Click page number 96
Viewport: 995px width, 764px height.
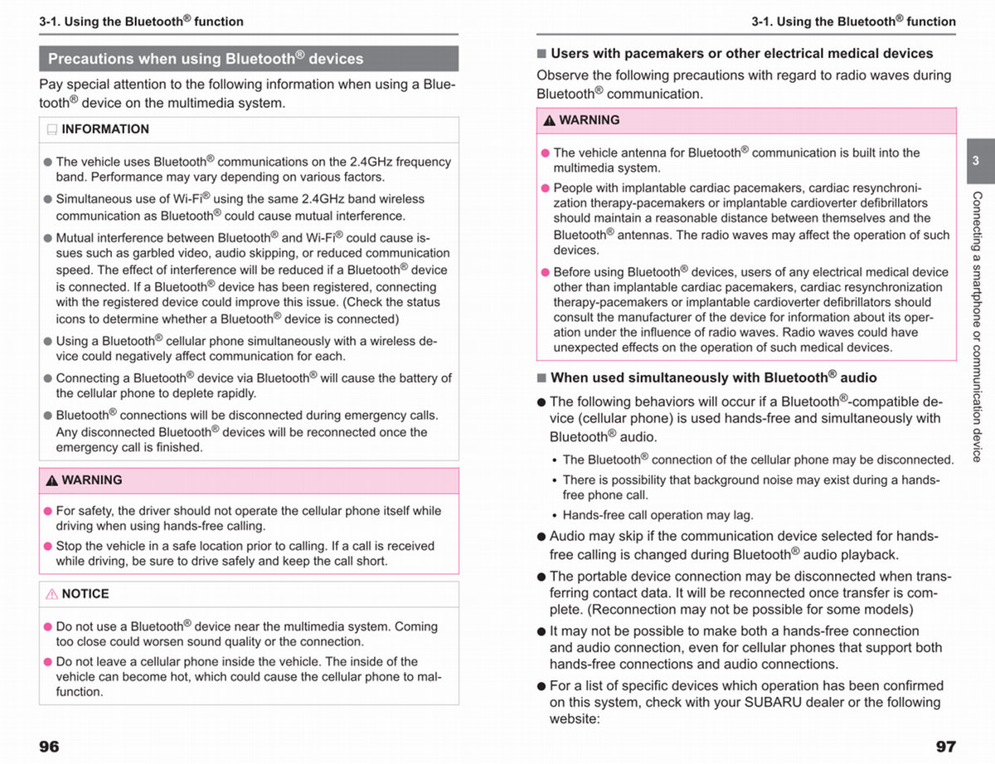(49, 747)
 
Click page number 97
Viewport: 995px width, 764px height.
(945, 747)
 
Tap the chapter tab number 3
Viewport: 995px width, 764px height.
(976, 161)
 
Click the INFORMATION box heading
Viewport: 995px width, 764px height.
(105, 129)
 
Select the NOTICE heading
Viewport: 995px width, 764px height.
(85, 594)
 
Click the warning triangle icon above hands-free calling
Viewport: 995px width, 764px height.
(51, 480)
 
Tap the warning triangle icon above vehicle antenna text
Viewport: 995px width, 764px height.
(549, 120)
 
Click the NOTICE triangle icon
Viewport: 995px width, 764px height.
(51, 594)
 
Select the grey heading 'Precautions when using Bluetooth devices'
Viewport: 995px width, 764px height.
(206, 59)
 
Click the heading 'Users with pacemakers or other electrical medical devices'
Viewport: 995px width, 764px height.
(741, 53)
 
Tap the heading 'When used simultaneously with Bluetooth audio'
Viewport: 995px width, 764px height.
(713, 377)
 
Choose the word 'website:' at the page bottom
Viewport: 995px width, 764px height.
(573, 718)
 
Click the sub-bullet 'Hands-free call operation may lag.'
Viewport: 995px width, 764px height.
(658, 515)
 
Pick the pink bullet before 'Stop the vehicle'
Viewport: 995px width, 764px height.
(47, 547)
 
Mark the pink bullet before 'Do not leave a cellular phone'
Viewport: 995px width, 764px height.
(47, 662)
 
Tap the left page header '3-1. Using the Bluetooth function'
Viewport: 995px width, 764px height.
(141, 22)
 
